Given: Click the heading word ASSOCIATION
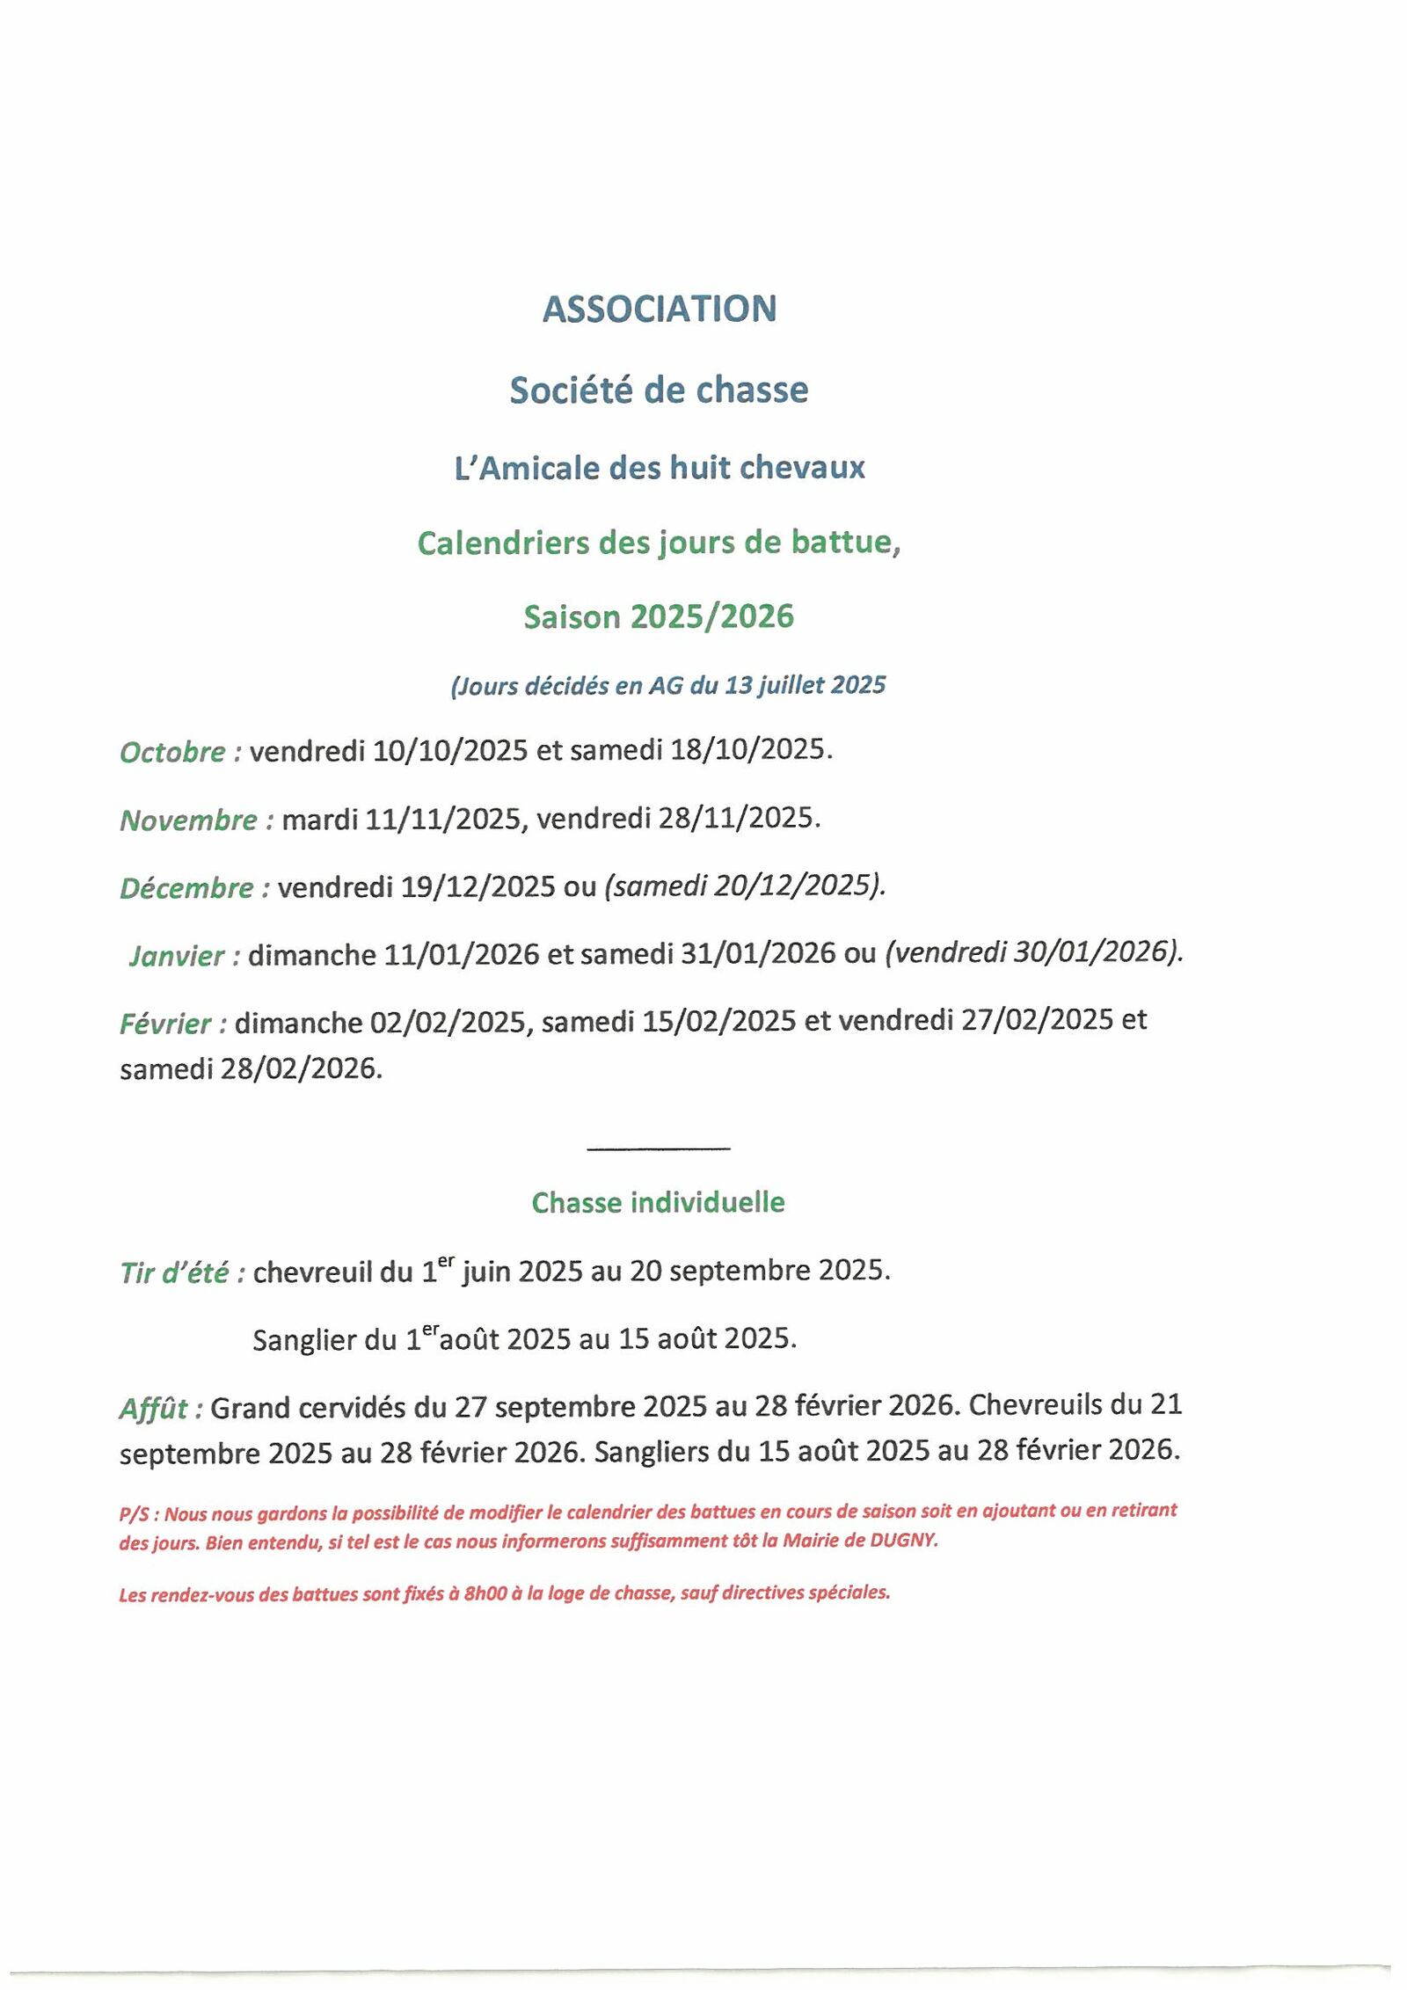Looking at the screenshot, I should click(x=659, y=309).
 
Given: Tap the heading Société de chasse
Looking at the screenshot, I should click(x=659, y=390).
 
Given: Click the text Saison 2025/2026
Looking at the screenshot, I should click(x=659, y=617).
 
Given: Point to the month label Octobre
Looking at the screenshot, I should click(x=173, y=753).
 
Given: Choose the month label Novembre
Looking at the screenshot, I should click(x=189, y=820).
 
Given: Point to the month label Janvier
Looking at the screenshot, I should click(x=178, y=956).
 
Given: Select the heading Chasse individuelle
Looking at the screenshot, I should click(x=658, y=1203).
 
